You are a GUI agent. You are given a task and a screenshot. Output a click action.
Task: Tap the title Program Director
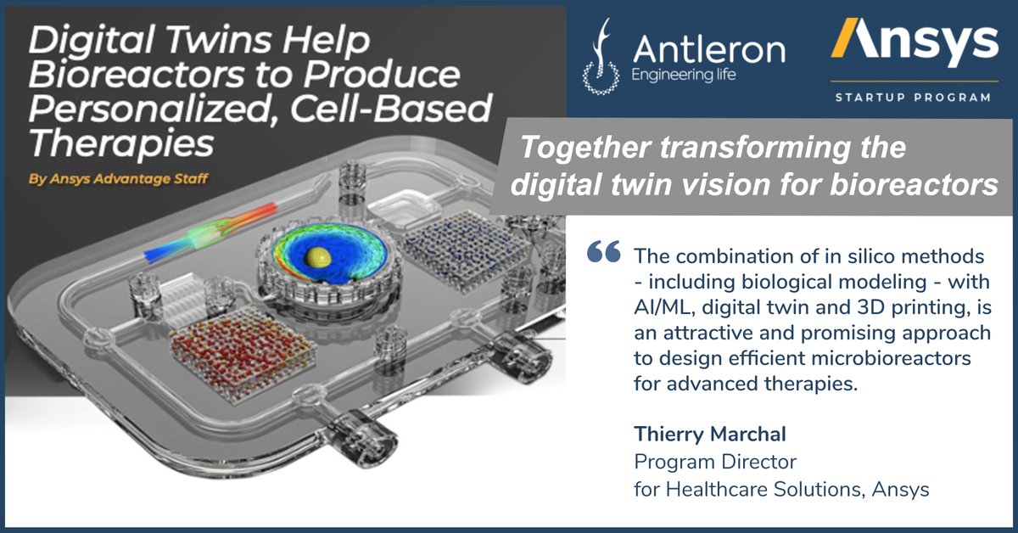(x=716, y=462)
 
